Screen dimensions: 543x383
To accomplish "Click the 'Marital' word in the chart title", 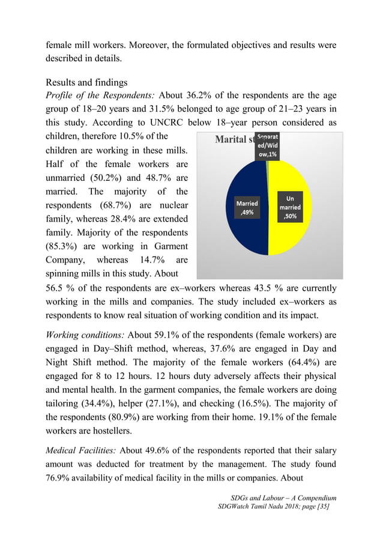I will point(231,141).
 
